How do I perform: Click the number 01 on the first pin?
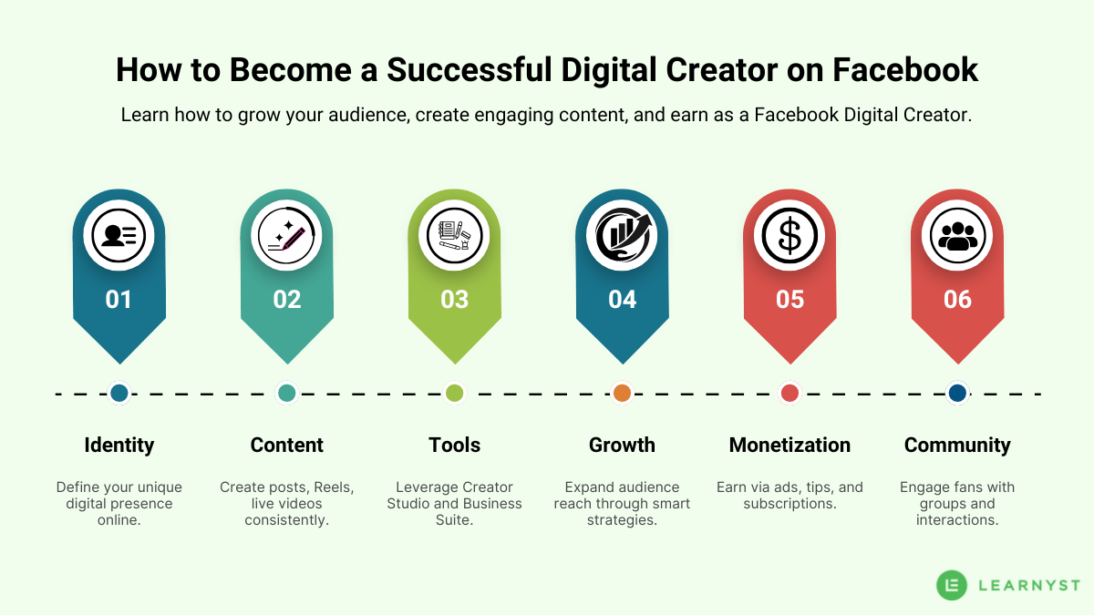click(x=119, y=300)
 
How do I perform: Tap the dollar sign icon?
click(x=790, y=236)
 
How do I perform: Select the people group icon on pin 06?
click(x=957, y=236)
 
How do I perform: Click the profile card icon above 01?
click(x=119, y=236)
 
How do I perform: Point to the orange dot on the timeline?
click(x=622, y=394)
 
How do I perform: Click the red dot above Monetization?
click(x=790, y=394)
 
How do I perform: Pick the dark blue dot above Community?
click(x=957, y=394)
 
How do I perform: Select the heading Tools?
click(x=454, y=445)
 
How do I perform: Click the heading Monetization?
click(x=790, y=445)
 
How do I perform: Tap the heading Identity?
click(x=119, y=445)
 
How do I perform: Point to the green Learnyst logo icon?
click(x=952, y=585)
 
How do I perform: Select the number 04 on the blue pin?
click(x=622, y=300)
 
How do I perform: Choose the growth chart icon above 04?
click(x=622, y=236)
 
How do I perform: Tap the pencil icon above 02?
click(x=286, y=236)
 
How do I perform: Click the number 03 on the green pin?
click(x=454, y=300)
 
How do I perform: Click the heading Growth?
click(x=622, y=445)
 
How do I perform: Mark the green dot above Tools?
click(x=454, y=394)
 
